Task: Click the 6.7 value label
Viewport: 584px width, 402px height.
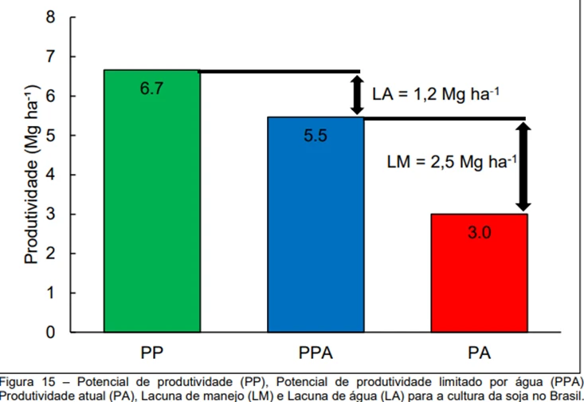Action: tap(151, 89)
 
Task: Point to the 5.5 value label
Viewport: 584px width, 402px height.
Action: tap(316, 136)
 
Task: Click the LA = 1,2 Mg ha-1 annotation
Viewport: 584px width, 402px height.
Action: tap(436, 94)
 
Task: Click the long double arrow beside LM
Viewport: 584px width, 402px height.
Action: tap(523, 167)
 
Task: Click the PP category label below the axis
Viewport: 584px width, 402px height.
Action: tap(151, 353)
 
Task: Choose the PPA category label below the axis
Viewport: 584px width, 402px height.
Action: tap(316, 353)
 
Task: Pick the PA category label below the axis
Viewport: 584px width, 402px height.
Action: tap(479, 353)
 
